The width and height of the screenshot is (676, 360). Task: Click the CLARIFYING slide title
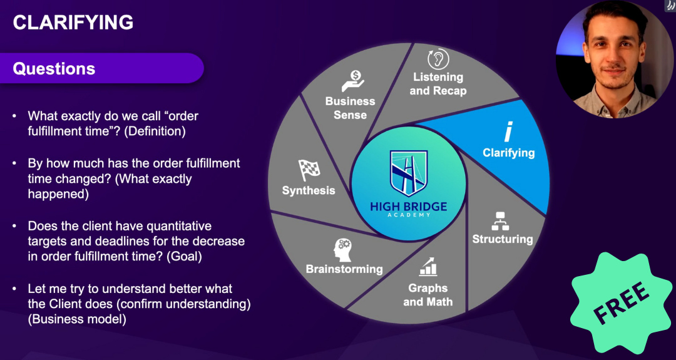(x=73, y=23)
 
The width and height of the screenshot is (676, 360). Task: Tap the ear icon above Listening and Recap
(x=438, y=59)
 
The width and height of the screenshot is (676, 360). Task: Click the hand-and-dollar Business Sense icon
(x=352, y=81)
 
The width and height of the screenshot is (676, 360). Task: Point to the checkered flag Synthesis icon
(x=309, y=170)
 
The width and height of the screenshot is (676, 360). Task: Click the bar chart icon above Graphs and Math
(x=429, y=267)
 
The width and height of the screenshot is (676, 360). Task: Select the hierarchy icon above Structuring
(x=500, y=221)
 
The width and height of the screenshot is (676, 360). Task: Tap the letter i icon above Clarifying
(x=508, y=133)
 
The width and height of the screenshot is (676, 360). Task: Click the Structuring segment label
(x=502, y=239)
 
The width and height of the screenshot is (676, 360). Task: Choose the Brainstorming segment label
(x=344, y=269)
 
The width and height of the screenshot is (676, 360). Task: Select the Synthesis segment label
(x=309, y=190)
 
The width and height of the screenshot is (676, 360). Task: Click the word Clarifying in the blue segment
(x=508, y=152)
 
